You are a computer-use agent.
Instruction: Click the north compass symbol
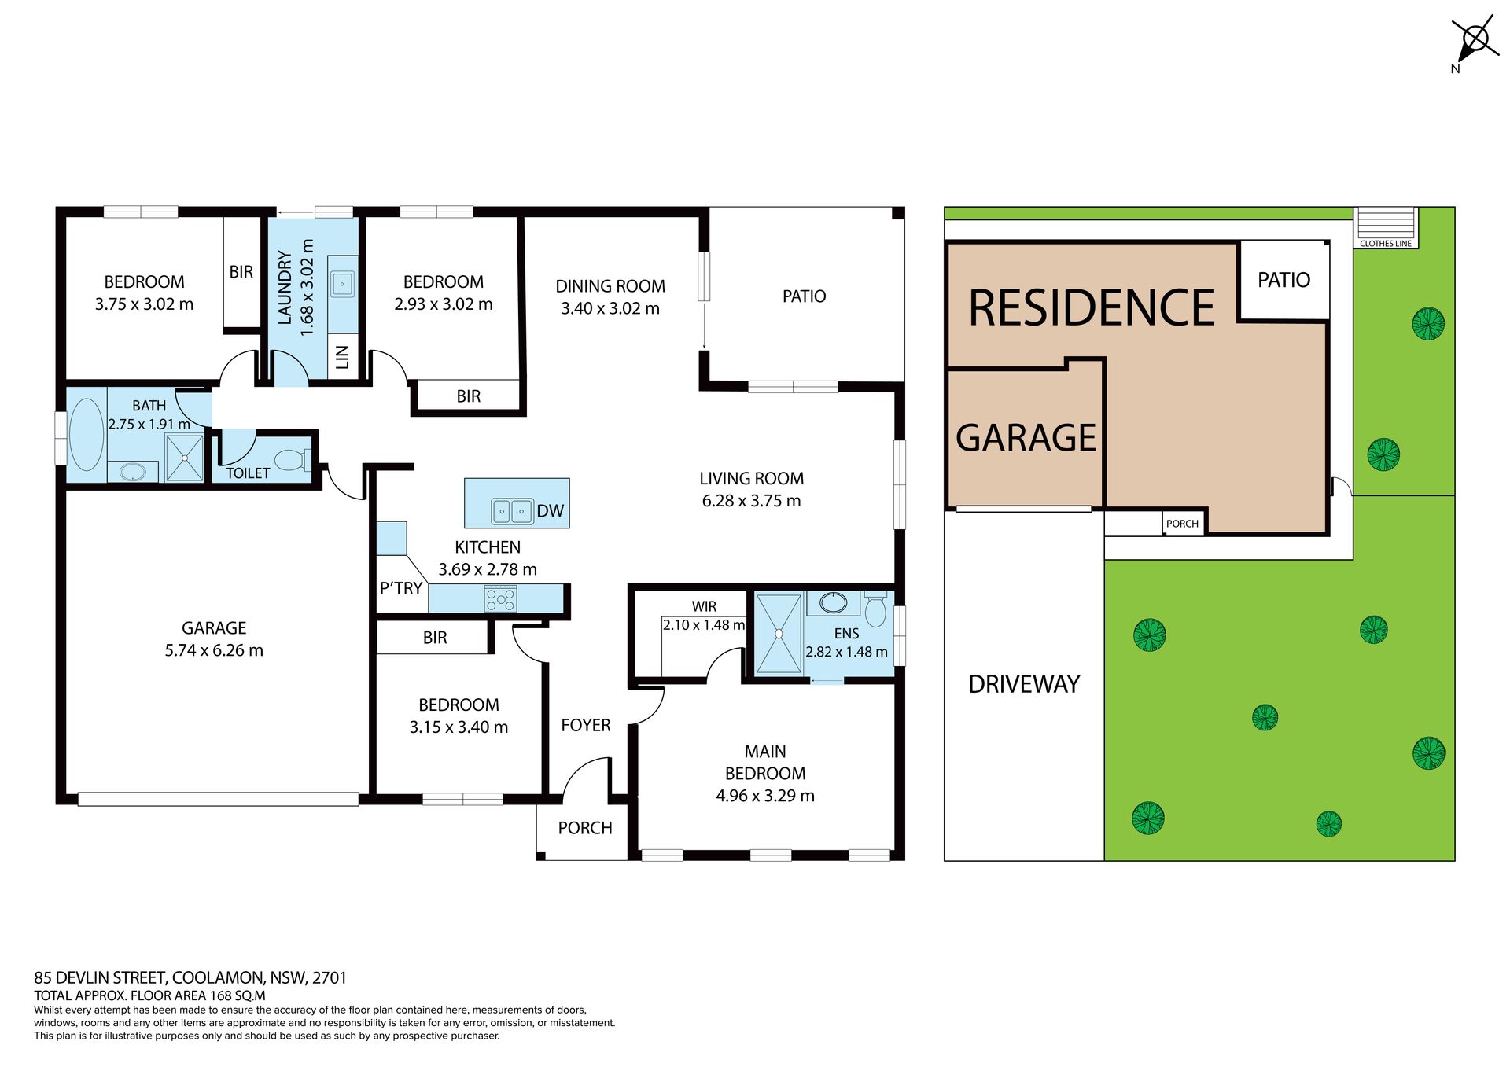pyautogui.click(x=1475, y=41)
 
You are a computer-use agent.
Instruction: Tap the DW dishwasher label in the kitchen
pyautogui.click(x=550, y=511)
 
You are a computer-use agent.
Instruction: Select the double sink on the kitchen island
pyautogui.click(x=512, y=511)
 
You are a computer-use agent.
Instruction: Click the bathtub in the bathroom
pyautogui.click(x=87, y=435)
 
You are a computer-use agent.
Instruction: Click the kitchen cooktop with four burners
pyautogui.click(x=500, y=599)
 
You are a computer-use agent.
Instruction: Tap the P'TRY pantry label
pyautogui.click(x=401, y=588)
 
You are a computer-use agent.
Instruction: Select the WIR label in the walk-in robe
pyautogui.click(x=704, y=606)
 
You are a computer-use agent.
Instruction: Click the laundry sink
pyautogui.click(x=342, y=284)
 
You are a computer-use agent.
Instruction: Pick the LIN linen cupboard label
pyautogui.click(x=342, y=357)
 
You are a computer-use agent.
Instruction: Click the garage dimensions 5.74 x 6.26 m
pyautogui.click(x=214, y=650)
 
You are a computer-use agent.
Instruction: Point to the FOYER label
pyautogui.click(x=586, y=725)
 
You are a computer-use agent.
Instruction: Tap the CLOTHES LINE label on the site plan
pyautogui.click(x=1386, y=244)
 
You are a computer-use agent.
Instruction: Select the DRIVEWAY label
pyautogui.click(x=1024, y=684)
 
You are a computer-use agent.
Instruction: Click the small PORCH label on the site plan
pyautogui.click(x=1182, y=524)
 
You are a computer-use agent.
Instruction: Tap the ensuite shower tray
pyautogui.click(x=779, y=634)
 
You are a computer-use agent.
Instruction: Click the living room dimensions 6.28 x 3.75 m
pyautogui.click(x=751, y=501)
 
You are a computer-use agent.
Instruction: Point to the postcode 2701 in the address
pyautogui.click(x=330, y=978)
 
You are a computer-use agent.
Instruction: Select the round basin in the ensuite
pyautogui.click(x=834, y=603)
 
